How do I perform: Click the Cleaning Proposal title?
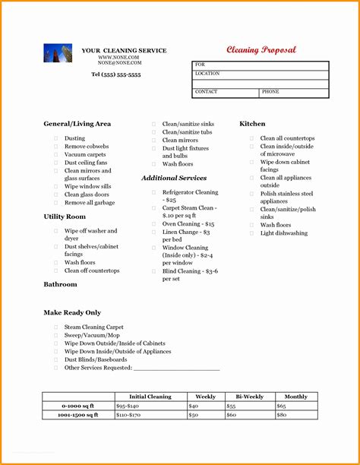coord(261,50)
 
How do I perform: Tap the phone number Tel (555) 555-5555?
coord(115,74)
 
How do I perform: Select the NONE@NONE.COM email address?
coord(119,63)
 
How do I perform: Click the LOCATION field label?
coord(207,74)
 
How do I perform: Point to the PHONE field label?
coord(270,91)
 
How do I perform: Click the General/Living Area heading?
coord(77,123)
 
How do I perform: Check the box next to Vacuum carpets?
coord(55,154)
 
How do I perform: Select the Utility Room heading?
coord(65,217)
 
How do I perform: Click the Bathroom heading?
coord(60,284)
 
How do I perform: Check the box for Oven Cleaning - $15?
coord(153,224)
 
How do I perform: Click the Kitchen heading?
coord(252,123)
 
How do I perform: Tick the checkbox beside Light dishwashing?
coord(251,233)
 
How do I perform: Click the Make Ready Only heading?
coord(72,312)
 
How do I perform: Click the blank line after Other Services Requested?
coord(176,368)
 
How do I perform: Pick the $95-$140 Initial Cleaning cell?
coord(128,406)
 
